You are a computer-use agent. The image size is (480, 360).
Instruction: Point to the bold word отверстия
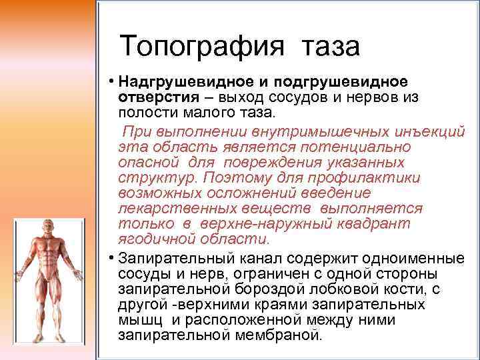click(x=151, y=97)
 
